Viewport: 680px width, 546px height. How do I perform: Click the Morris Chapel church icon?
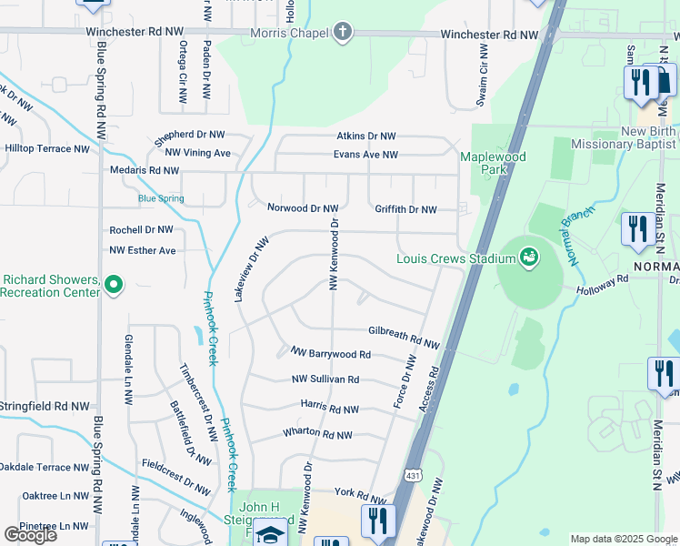pyautogui.click(x=343, y=35)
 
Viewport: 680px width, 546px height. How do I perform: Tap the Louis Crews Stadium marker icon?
pyautogui.click(x=527, y=258)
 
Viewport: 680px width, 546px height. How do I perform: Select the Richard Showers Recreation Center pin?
pyautogui.click(x=114, y=286)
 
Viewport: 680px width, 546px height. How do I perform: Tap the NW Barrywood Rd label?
pyautogui.click(x=330, y=353)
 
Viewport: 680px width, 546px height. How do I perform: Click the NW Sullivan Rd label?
pyautogui.click(x=325, y=379)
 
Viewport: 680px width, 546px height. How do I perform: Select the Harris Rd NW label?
pyautogui.click(x=329, y=409)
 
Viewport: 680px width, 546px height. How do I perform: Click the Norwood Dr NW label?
pyautogui.click(x=303, y=208)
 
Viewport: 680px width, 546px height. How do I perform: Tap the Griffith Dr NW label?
pyautogui.click(x=406, y=208)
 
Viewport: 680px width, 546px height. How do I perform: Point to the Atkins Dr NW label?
pyautogui.click(x=366, y=136)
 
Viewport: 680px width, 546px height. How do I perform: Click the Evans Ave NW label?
pyautogui.click(x=365, y=155)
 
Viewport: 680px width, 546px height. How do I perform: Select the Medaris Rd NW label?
pyautogui.click(x=145, y=170)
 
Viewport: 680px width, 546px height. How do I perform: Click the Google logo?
pyautogui.click(x=30, y=534)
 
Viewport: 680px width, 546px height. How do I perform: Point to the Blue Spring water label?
pyautogui.click(x=161, y=198)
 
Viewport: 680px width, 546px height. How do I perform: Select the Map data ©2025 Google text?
pyautogui.click(x=623, y=539)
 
